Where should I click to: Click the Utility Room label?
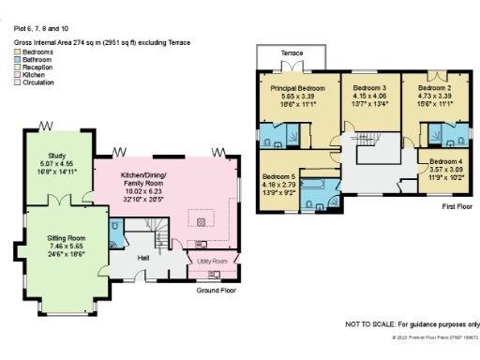212,261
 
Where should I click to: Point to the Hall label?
143,257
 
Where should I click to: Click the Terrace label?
292,53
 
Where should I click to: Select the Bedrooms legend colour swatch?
18,51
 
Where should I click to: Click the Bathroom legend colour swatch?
18,56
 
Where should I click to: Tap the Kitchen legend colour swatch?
18,68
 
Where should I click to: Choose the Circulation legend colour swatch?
18,75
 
